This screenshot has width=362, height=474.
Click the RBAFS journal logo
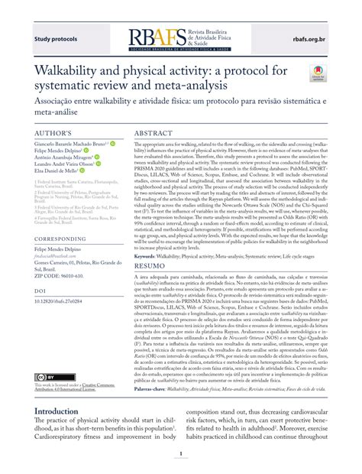click(x=181, y=37)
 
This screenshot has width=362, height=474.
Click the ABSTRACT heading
click(x=159, y=133)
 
